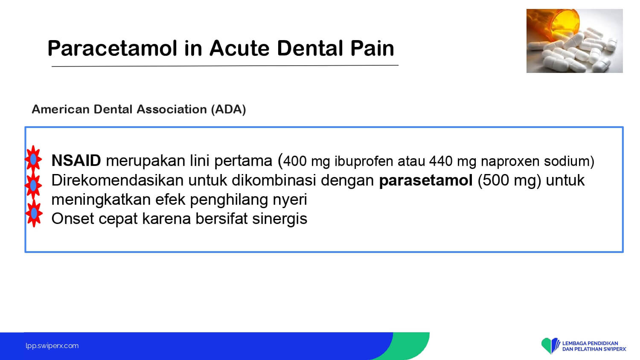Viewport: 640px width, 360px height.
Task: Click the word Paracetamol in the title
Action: coord(112,48)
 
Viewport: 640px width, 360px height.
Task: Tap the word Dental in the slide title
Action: coord(310,48)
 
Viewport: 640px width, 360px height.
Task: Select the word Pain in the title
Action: coord(372,48)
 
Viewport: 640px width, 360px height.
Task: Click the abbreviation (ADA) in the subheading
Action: coord(228,110)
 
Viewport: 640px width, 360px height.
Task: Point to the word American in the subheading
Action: coord(61,109)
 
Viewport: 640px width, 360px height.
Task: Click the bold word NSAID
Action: coord(76,160)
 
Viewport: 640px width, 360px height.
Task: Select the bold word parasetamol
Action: coord(426,180)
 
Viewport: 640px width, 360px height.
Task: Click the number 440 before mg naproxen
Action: coord(441,161)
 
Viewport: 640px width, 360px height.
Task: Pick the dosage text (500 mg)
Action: coord(509,180)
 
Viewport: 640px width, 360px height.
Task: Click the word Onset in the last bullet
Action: coord(73,219)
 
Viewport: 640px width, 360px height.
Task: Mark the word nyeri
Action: coord(290,200)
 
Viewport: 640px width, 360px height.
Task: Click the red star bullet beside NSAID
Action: coord(33,159)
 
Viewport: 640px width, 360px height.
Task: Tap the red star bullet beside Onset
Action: coord(34,213)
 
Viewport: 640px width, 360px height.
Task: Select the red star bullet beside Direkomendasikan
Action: coord(33,186)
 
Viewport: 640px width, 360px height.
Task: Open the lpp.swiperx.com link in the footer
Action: coord(52,346)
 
